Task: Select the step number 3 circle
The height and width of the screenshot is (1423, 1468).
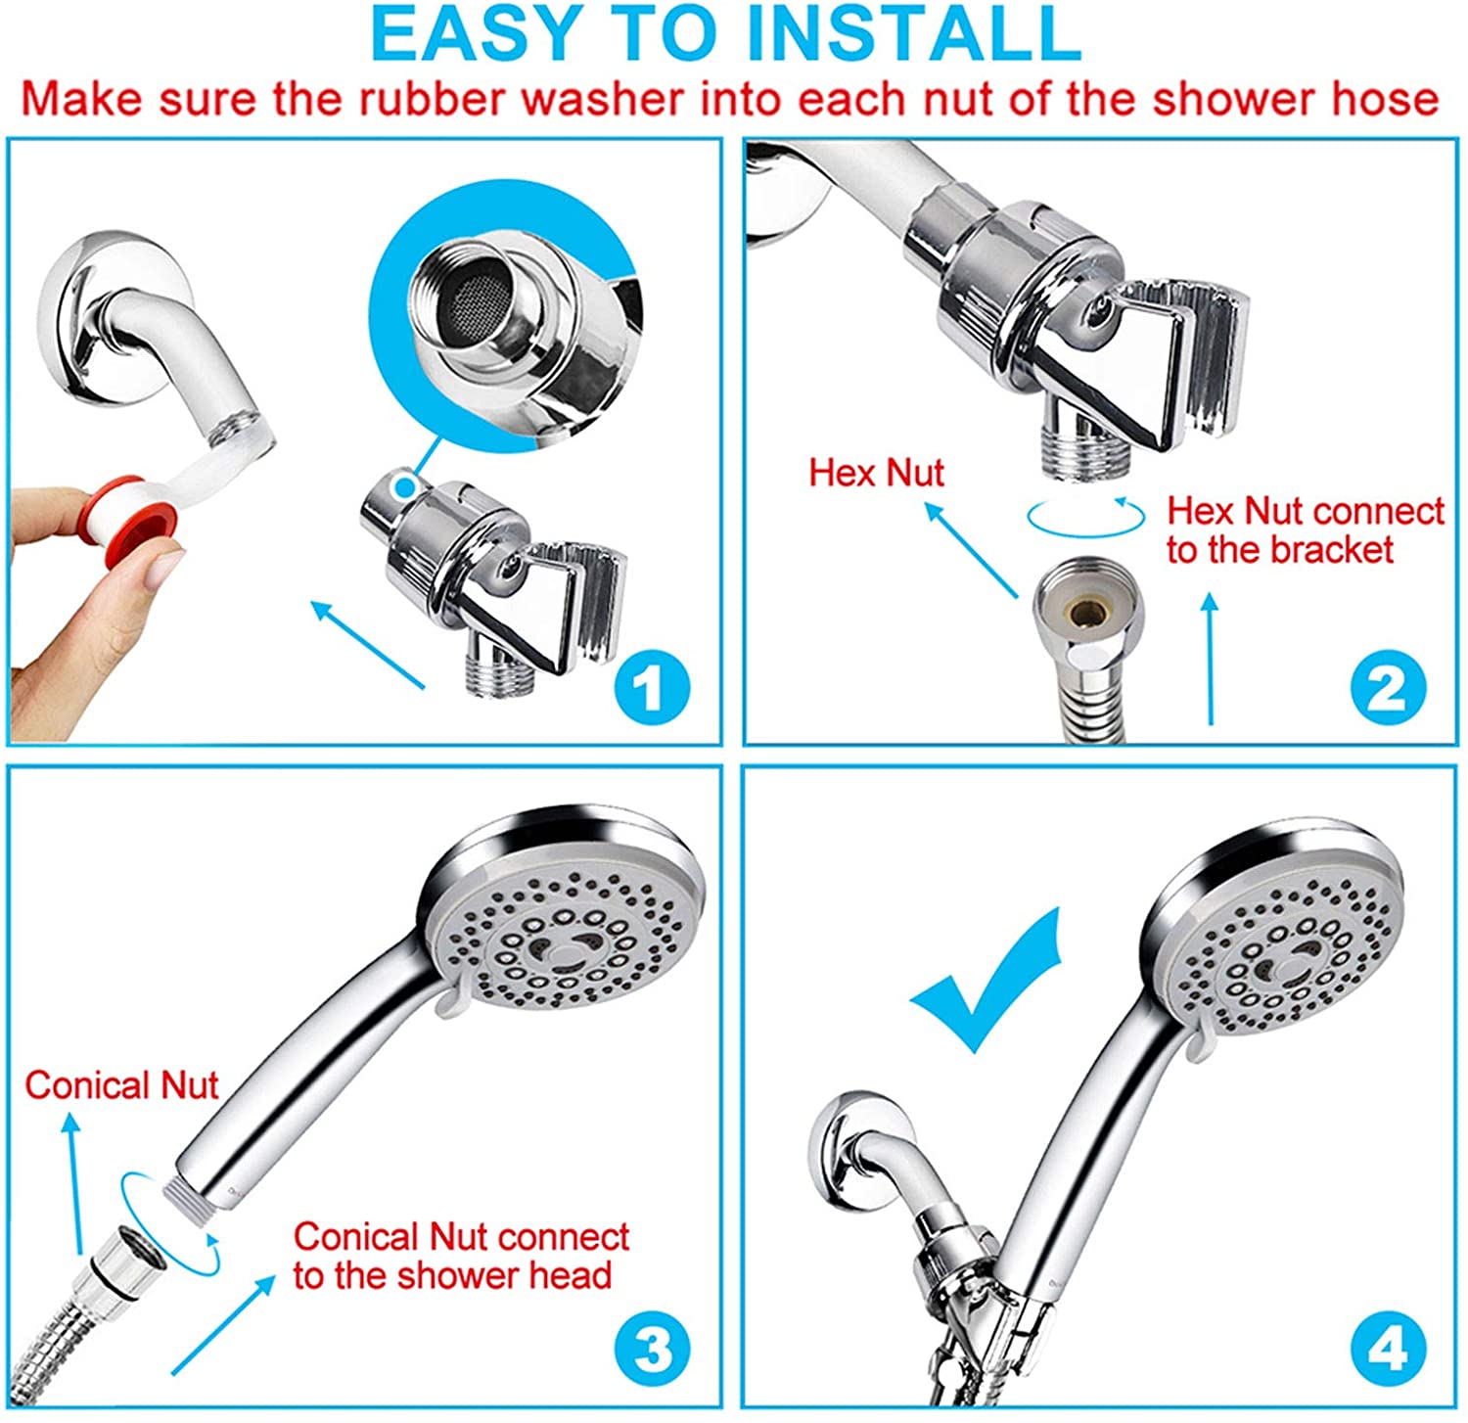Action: click(x=652, y=1352)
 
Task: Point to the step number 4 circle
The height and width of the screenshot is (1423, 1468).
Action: click(x=1388, y=1352)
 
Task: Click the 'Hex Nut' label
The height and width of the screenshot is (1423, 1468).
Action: click(x=876, y=473)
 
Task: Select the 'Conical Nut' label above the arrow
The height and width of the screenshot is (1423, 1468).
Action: click(x=121, y=1085)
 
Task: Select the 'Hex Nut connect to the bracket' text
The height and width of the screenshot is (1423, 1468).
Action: click(x=1305, y=530)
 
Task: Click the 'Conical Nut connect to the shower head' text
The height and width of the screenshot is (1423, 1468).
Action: click(x=460, y=1257)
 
